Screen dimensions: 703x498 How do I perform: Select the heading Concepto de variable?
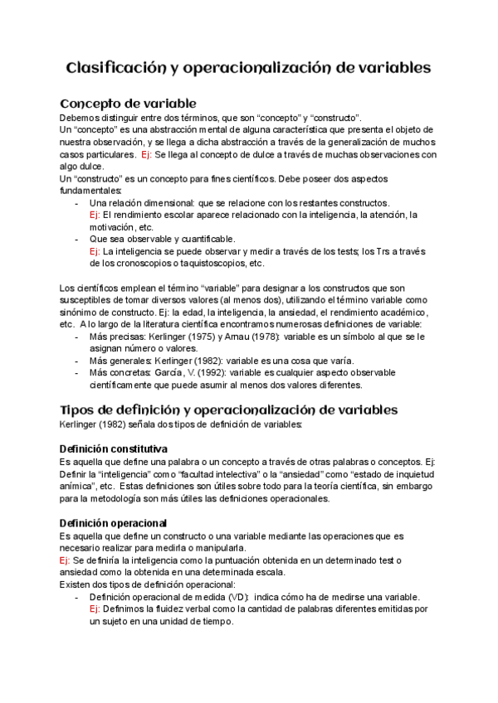[x=128, y=104]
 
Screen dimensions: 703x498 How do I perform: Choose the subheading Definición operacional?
[x=115, y=523]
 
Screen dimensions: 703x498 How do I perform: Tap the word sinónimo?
[x=80, y=312]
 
